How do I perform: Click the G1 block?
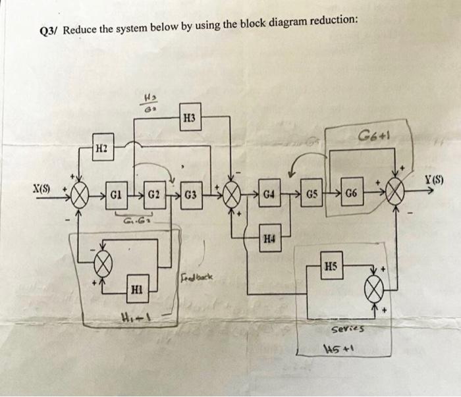[x=115, y=196]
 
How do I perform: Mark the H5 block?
[x=331, y=266]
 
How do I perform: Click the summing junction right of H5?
[x=375, y=288]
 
